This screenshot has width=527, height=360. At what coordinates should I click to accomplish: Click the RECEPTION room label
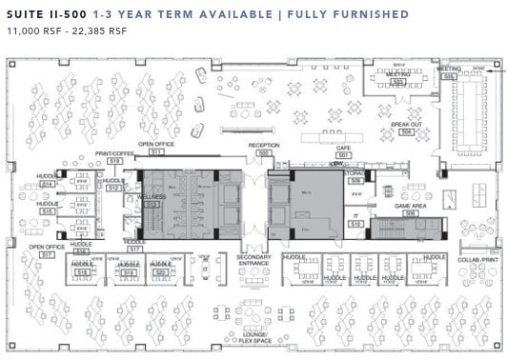pyautogui.click(x=263, y=146)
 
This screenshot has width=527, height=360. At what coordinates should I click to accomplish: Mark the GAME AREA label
pyautogui.click(x=411, y=206)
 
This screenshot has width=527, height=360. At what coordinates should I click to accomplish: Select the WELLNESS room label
pyautogui.click(x=152, y=196)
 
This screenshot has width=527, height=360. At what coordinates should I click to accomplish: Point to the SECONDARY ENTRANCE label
pyautogui.click(x=253, y=260)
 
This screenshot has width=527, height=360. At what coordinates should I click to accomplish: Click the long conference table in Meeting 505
pyautogui.click(x=474, y=110)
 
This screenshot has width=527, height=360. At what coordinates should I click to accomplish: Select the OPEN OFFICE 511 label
pyautogui.click(x=156, y=145)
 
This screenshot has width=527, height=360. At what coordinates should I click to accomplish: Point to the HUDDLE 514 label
pyautogui.click(x=46, y=178)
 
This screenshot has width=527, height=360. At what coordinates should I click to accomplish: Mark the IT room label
pyautogui.click(x=355, y=216)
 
